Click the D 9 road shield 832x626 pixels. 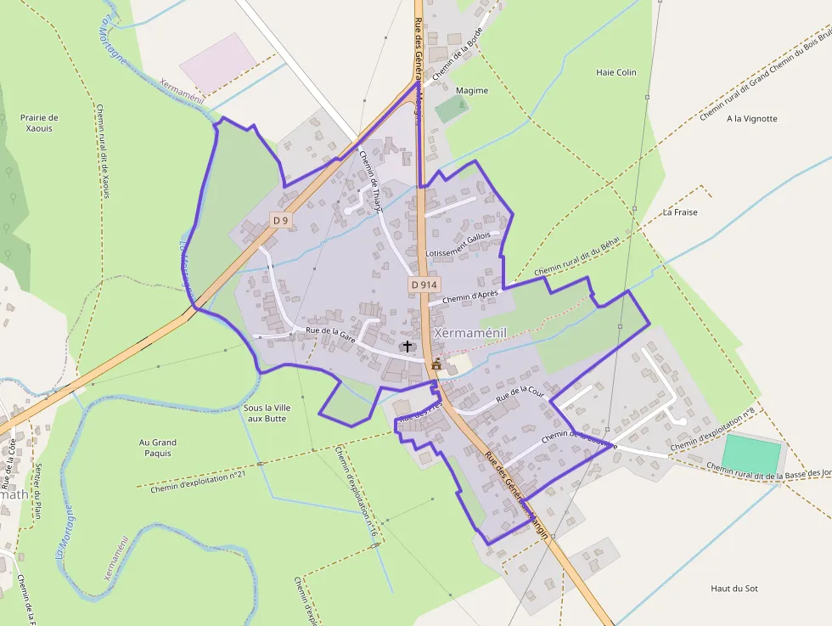[280, 220]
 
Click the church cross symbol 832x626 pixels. [408, 346]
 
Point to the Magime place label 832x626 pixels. [472, 91]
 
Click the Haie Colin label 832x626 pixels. [616, 73]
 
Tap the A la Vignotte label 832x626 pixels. [751, 119]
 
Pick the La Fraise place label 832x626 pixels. [680, 212]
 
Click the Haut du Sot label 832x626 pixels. [734, 588]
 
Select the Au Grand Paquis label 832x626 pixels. [158, 448]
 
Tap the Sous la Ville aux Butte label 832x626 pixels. [267, 413]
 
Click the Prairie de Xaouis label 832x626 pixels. [39, 123]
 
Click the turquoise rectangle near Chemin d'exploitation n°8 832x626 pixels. [751, 454]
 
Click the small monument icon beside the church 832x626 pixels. [436, 364]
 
